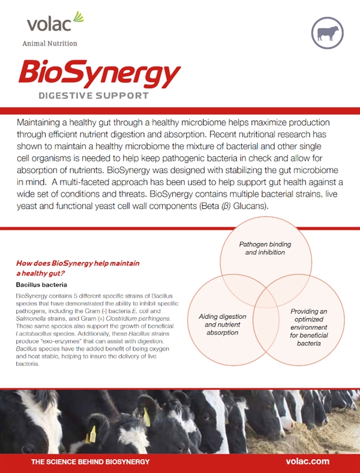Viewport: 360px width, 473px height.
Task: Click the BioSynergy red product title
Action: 99,73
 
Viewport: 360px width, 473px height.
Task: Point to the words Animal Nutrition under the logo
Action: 49,44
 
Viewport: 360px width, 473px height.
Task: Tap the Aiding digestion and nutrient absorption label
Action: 222,324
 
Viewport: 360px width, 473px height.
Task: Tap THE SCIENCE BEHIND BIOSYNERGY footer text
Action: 90,462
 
